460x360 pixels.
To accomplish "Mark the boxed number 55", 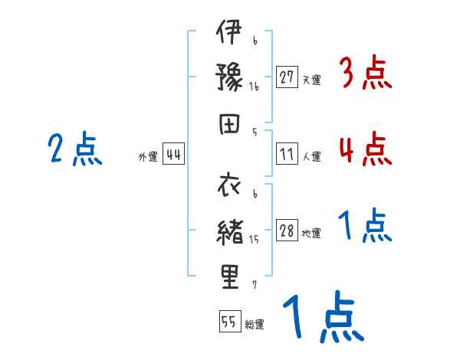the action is point(228,322).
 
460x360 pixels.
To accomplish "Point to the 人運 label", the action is point(311,156).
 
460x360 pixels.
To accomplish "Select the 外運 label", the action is point(148,157).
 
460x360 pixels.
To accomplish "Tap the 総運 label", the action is point(255,324).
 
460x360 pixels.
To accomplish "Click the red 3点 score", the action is point(365,74).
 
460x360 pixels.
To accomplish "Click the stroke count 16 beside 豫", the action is point(255,87).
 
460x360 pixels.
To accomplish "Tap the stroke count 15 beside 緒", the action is point(255,240).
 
